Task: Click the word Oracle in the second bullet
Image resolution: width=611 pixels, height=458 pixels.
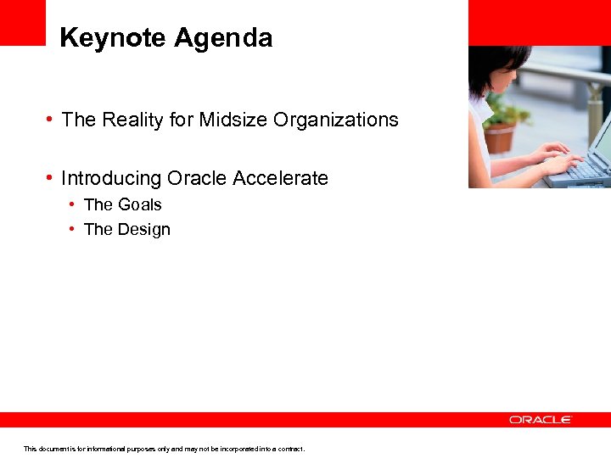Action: tap(198, 178)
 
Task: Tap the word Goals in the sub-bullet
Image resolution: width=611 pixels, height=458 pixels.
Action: tap(140, 204)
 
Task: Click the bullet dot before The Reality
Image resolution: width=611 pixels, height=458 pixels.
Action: tap(51, 120)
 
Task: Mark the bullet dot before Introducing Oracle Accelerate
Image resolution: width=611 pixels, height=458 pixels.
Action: tap(51, 178)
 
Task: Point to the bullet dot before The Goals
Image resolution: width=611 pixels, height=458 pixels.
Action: tap(74, 204)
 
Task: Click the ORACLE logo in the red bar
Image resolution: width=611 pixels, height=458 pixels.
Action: tap(541, 420)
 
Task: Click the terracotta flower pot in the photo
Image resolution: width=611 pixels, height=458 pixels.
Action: tap(501, 137)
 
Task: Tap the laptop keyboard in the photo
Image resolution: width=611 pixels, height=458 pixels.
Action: tap(586, 170)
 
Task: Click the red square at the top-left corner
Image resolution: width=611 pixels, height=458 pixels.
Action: tap(22, 22)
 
